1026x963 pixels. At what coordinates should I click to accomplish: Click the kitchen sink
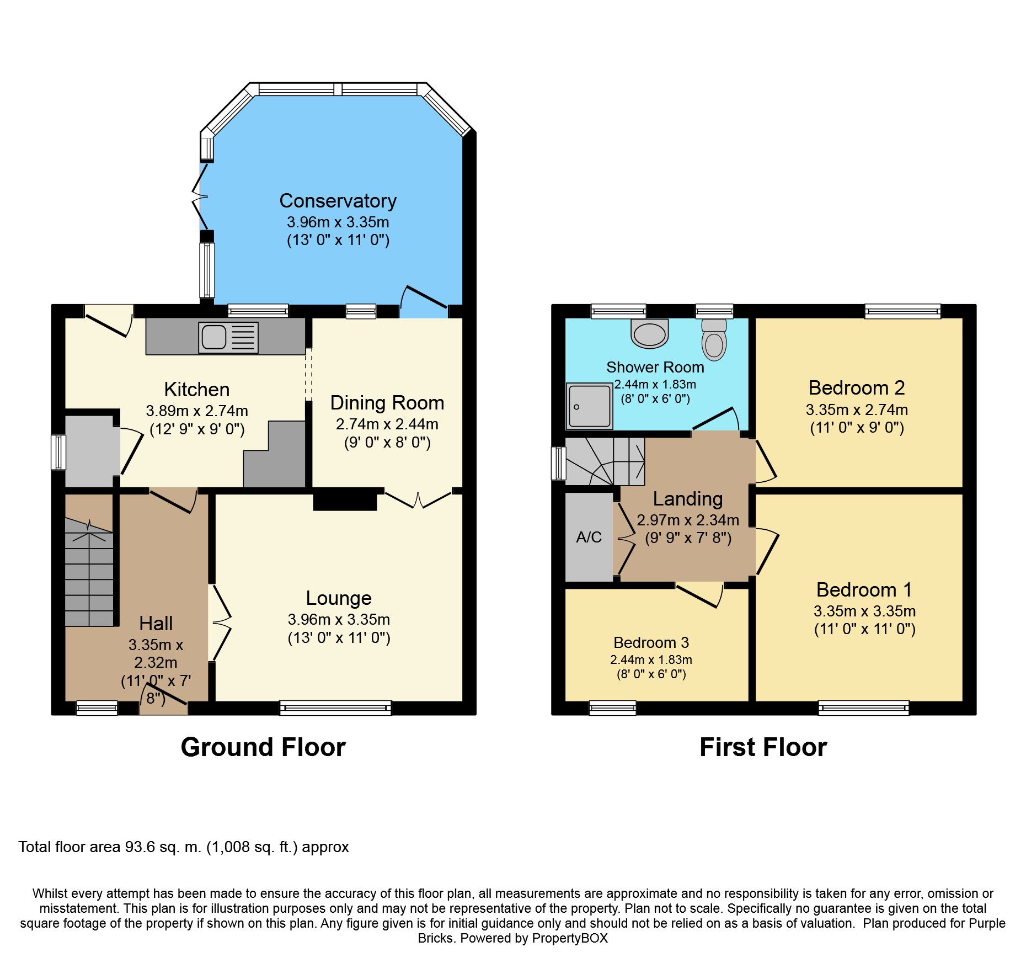coord(228,337)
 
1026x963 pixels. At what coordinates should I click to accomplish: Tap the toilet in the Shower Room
coord(714,339)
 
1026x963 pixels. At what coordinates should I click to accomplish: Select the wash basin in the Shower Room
coord(649,333)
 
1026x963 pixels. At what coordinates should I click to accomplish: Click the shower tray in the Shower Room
coord(590,406)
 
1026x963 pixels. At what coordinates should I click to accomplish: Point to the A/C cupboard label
coord(589,537)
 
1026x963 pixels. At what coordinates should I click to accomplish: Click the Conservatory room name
coord(338,201)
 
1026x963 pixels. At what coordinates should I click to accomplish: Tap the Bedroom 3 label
coord(651,642)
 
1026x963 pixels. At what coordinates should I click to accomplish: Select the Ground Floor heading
coord(263,747)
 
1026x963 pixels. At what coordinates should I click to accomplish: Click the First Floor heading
coord(763,747)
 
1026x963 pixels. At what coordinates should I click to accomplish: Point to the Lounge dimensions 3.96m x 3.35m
coord(339,619)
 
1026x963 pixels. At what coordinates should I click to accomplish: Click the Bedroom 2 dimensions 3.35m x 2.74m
coord(857,409)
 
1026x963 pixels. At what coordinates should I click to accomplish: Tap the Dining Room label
coord(387,403)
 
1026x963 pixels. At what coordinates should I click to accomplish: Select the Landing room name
coord(688,499)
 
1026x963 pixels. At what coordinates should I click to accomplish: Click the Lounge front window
coord(335,707)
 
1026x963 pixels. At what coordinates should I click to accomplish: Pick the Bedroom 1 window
coord(863,707)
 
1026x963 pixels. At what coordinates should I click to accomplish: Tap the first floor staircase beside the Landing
coord(605,462)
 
